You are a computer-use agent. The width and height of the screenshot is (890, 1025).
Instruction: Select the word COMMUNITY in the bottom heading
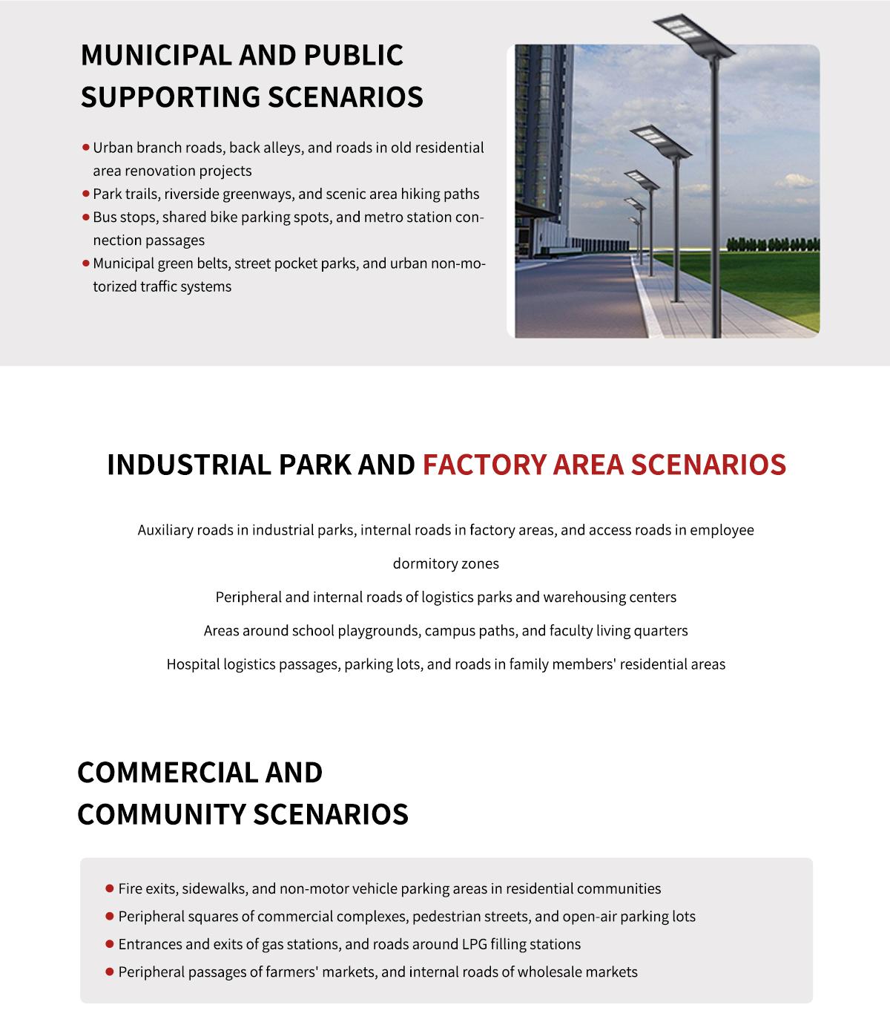[x=161, y=814]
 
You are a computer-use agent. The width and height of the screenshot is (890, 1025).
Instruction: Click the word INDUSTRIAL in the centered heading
[x=189, y=465]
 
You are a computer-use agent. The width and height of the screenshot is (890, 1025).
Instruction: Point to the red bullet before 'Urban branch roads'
[x=86, y=148]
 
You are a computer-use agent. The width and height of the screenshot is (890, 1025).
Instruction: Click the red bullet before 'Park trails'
[x=86, y=194]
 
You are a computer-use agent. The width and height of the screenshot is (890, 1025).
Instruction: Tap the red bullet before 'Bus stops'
[x=86, y=217]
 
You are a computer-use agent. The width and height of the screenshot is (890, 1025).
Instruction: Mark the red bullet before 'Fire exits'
[x=110, y=888]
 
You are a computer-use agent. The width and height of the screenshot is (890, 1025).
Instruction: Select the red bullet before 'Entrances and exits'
[x=110, y=944]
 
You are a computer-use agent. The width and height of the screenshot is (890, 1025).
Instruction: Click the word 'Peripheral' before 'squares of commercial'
[x=153, y=917]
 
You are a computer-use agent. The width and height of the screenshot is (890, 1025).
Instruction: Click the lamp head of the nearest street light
[x=694, y=35]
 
